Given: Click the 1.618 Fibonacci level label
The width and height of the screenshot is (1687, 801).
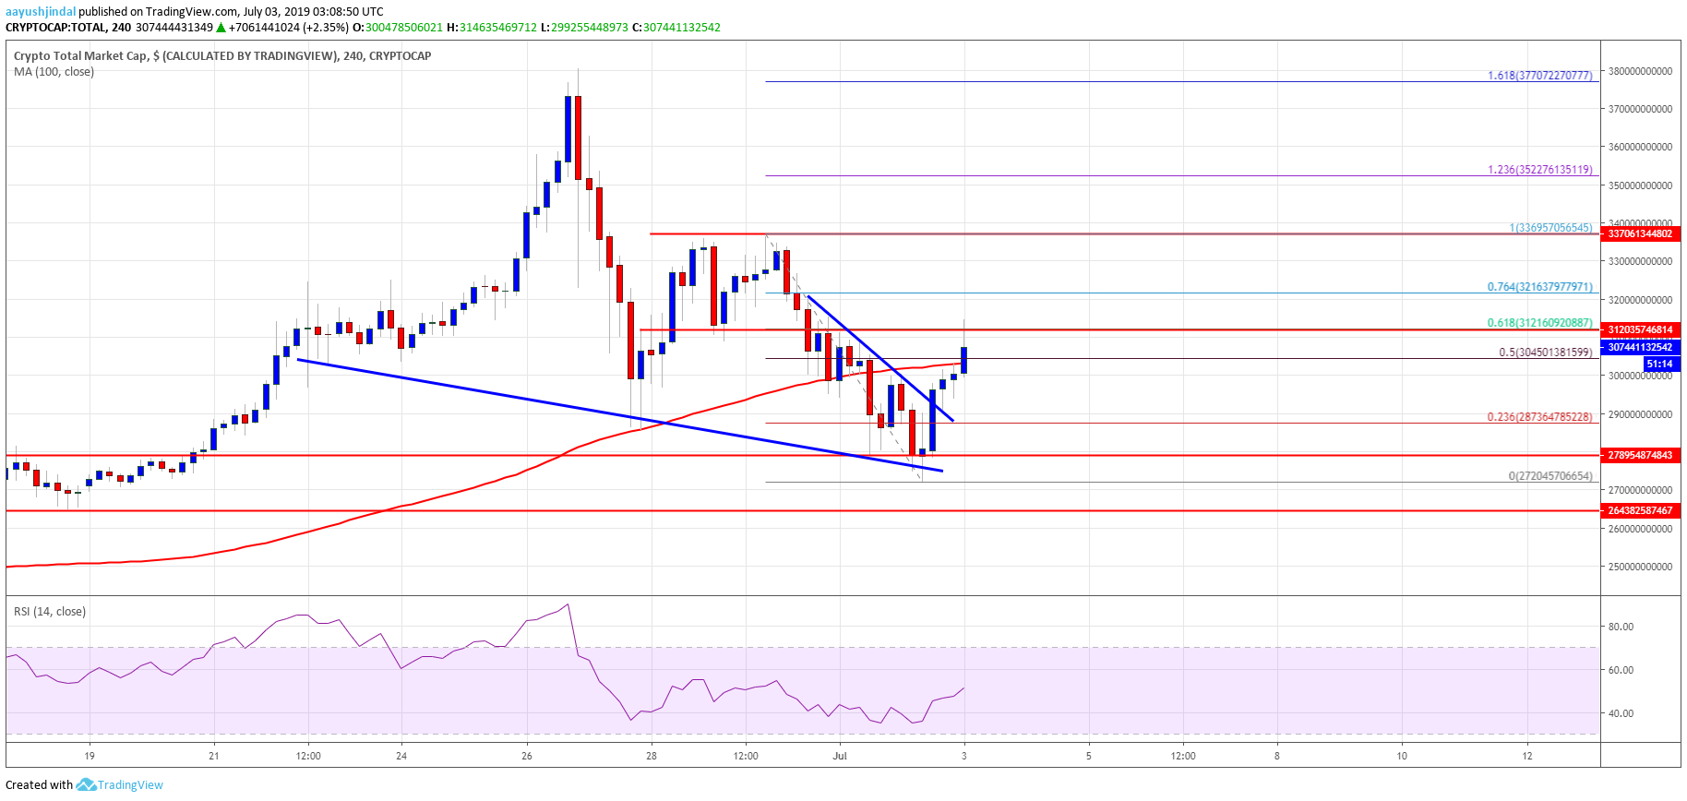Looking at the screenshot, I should coord(1539,76).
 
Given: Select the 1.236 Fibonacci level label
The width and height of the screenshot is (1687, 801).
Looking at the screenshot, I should coord(1539,170).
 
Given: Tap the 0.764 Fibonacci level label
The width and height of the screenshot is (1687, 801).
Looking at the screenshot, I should coord(1539,287).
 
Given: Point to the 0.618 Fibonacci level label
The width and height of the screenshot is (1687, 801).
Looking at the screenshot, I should coord(1539,323).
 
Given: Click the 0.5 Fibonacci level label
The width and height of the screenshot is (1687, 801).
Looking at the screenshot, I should coord(1545,353).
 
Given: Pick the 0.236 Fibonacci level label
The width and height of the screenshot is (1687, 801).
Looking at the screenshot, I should coord(1539,417).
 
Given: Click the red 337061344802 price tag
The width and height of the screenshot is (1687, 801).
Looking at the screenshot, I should coord(1640,234).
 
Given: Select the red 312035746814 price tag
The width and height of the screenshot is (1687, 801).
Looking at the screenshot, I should coord(1640,329).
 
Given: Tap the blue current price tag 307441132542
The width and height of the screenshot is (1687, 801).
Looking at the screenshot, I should coord(1640,347).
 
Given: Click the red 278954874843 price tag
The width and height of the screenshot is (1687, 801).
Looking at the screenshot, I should coord(1640,455).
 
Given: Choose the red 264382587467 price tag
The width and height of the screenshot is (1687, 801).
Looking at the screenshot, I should coord(1640,510).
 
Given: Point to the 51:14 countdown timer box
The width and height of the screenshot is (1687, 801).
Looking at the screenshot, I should coord(1658,365).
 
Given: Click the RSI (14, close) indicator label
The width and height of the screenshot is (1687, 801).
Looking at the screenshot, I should coord(50,612).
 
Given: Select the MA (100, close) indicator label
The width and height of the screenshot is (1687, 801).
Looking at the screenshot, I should coord(54,72).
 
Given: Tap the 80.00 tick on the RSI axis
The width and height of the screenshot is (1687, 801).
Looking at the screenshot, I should coord(1621,627).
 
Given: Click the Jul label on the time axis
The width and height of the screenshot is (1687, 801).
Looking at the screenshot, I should coord(840,756).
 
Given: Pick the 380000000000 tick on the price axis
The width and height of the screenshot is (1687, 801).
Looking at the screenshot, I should coord(1640,71).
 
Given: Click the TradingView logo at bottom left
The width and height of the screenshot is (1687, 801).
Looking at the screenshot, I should coord(120,784).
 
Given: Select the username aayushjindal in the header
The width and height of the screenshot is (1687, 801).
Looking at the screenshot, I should coord(41,11).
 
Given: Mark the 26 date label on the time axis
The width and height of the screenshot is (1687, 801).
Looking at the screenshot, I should coord(526,756).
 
